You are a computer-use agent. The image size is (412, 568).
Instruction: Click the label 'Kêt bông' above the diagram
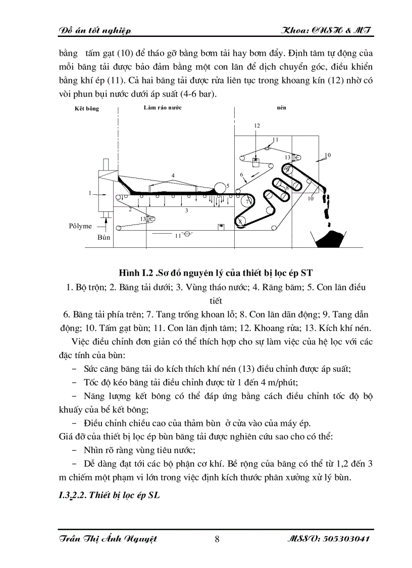(x=87, y=109)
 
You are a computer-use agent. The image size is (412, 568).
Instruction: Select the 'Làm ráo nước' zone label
(x=162, y=108)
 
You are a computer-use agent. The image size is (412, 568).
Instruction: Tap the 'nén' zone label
(x=282, y=108)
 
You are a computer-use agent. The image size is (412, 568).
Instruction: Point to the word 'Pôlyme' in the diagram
(x=80, y=226)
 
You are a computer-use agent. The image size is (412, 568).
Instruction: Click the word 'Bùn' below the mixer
(x=104, y=237)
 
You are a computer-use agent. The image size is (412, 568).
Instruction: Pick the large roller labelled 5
(x=220, y=188)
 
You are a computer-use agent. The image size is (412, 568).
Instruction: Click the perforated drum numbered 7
(x=247, y=201)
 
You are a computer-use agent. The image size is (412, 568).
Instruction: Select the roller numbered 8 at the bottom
(x=241, y=221)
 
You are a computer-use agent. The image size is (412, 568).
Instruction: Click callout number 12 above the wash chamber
(x=257, y=125)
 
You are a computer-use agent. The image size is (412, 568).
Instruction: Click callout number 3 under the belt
(x=186, y=209)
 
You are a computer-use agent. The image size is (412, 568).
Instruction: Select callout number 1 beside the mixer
(x=90, y=193)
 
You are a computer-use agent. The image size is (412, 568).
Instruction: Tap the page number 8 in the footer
(x=217, y=539)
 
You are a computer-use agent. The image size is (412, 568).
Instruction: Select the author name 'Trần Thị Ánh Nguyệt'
(x=107, y=539)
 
